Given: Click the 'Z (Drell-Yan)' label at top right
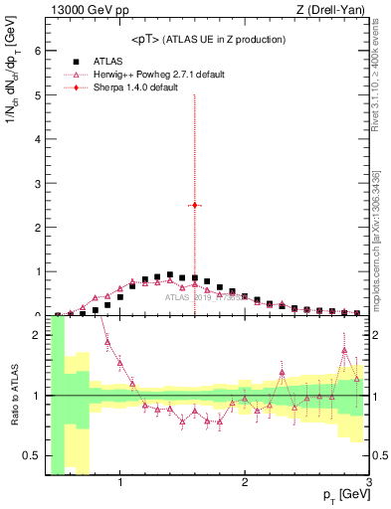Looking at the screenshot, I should pos(331,11).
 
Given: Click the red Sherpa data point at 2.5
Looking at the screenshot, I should pos(195,205).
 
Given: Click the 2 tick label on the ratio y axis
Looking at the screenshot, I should pos(38,335).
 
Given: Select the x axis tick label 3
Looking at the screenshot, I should pos(368,484).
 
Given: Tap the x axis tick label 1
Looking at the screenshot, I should pos(120,484).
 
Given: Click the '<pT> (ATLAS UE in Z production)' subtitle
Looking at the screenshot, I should pos(208,39).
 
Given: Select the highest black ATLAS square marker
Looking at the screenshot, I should pos(170,274).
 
